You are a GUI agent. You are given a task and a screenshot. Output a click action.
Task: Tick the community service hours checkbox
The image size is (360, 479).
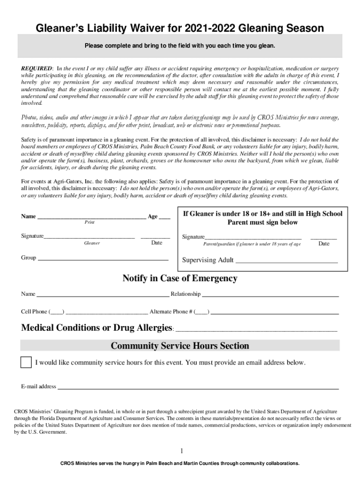(27, 363)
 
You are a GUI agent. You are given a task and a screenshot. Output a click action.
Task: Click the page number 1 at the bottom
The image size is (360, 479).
(181, 451)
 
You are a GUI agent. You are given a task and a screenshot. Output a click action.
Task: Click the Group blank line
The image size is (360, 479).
(103, 259)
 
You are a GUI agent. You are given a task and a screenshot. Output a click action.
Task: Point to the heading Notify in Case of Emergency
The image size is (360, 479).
(180, 279)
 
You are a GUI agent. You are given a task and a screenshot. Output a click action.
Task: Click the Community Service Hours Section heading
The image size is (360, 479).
(180, 346)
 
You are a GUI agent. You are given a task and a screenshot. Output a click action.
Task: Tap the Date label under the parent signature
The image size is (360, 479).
(324, 244)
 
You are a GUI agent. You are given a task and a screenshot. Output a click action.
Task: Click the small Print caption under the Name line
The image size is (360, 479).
(89, 223)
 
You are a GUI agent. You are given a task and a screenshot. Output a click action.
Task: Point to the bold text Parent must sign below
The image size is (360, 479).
(262, 222)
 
